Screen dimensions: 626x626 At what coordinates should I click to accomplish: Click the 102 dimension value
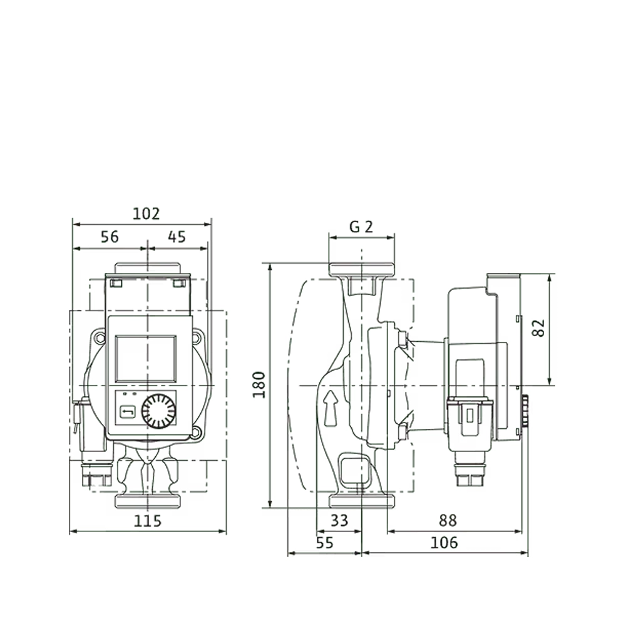click(x=146, y=214)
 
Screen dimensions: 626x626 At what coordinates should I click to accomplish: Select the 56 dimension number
click(x=110, y=237)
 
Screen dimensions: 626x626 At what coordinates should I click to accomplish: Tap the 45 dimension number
click(x=177, y=237)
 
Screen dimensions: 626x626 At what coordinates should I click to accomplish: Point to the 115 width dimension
click(x=147, y=521)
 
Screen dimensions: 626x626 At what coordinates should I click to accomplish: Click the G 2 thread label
click(x=361, y=227)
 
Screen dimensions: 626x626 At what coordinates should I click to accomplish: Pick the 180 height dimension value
click(x=259, y=385)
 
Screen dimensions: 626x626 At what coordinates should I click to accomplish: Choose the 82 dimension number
click(x=538, y=328)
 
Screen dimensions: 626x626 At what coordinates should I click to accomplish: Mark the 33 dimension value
click(x=339, y=521)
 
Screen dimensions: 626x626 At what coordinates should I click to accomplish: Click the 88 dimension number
click(x=448, y=521)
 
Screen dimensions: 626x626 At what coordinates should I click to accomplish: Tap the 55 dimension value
click(x=324, y=543)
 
